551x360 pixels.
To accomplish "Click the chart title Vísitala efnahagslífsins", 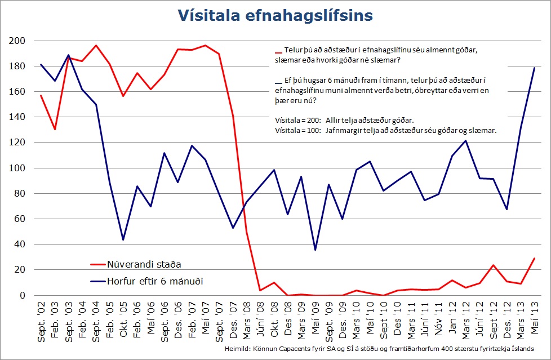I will [x=275, y=15].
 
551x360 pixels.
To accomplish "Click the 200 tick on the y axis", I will [x=18, y=41].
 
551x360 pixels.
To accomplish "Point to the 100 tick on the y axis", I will [x=18, y=168].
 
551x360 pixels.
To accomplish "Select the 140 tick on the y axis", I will [x=18, y=117].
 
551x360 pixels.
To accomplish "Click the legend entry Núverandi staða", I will [x=144, y=263].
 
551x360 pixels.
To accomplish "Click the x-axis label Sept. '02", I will [x=41, y=319].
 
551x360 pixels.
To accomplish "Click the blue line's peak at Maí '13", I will [x=533, y=68].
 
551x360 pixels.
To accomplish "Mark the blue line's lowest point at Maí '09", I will [x=314, y=250].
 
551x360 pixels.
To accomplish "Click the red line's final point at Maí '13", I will [x=533, y=259].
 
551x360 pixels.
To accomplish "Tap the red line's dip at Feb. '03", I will [x=55, y=130].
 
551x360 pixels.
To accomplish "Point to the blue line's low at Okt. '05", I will [x=123, y=240].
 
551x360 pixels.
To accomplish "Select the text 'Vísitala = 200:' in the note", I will [x=294, y=120].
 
